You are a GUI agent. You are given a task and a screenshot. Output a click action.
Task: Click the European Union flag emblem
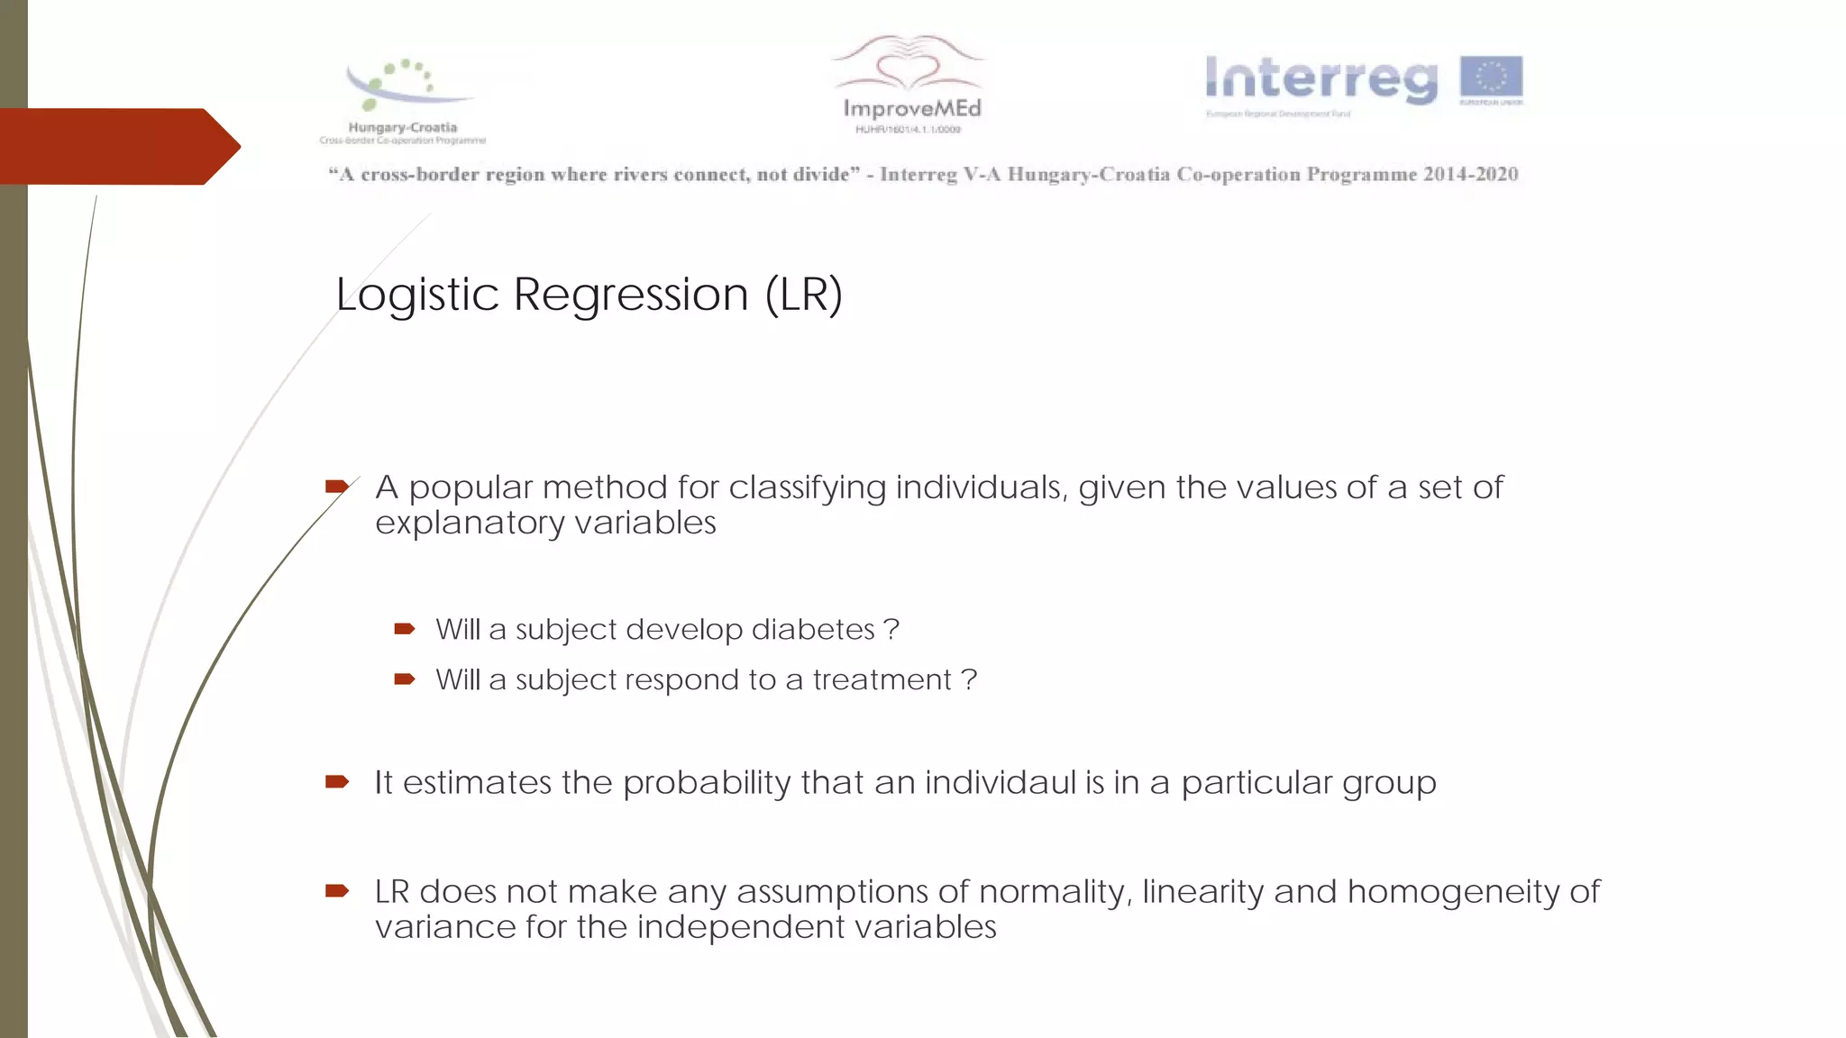click(x=1491, y=78)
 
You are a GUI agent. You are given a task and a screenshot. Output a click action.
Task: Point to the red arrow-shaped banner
click(x=117, y=146)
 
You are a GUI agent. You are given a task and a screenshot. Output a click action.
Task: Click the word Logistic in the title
click(x=416, y=295)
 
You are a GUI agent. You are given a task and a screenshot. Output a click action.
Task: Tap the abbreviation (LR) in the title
click(x=803, y=295)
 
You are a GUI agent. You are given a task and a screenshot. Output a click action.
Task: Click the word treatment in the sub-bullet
click(x=882, y=679)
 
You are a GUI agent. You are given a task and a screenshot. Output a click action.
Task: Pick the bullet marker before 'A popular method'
click(x=337, y=487)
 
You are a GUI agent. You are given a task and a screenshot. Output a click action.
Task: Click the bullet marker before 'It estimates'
click(x=337, y=781)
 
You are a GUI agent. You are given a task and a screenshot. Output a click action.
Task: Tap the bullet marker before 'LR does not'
click(x=337, y=891)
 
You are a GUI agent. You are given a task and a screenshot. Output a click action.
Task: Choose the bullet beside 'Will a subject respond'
click(x=405, y=679)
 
